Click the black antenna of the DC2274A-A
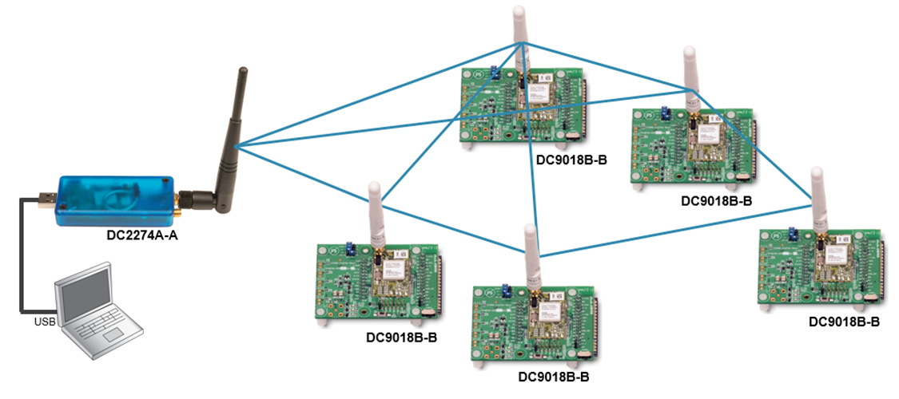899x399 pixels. (233, 128)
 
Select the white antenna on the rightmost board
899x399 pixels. (817, 196)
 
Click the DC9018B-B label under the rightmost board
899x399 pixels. (844, 322)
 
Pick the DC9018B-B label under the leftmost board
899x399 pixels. (396, 338)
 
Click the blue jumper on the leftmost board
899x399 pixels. (350, 248)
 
